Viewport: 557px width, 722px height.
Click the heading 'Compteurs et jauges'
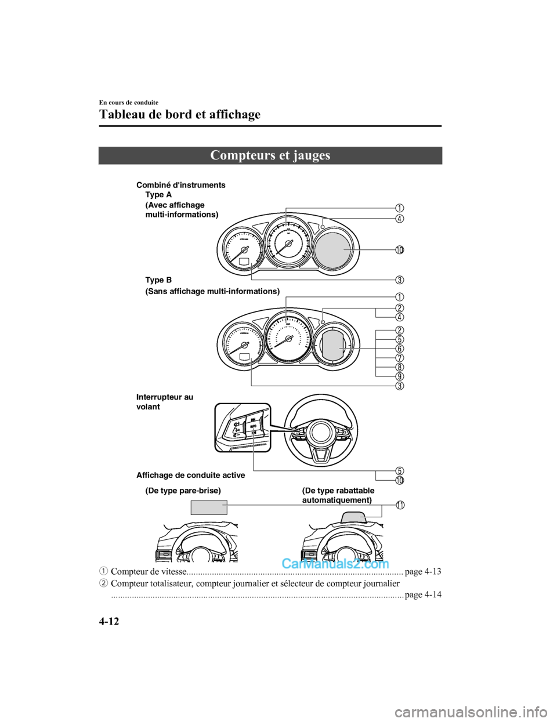click(270, 155)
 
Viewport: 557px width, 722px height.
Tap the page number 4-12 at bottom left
click(109, 622)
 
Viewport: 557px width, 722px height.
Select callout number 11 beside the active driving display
click(400, 505)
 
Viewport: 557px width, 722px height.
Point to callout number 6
click(400, 349)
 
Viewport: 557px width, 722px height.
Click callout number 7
click(400, 358)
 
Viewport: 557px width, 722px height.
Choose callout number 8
click(400, 367)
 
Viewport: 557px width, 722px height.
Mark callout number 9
click(400, 376)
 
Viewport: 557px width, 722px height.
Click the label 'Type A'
click(158, 195)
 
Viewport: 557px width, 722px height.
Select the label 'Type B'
click(158, 280)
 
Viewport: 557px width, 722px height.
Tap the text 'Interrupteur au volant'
click(164, 402)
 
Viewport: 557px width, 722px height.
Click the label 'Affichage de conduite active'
click(190, 476)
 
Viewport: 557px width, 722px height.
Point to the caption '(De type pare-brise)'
click(183, 491)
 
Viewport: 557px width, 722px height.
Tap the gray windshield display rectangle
click(208, 507)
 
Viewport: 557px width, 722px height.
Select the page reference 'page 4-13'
click(422, 572)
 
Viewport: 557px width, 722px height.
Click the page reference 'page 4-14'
click(422, 594)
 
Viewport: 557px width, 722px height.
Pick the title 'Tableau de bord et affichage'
click(180, 114)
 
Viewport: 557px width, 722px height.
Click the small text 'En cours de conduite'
click(129, 103)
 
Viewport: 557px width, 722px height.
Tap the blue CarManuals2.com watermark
click(335, 564)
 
